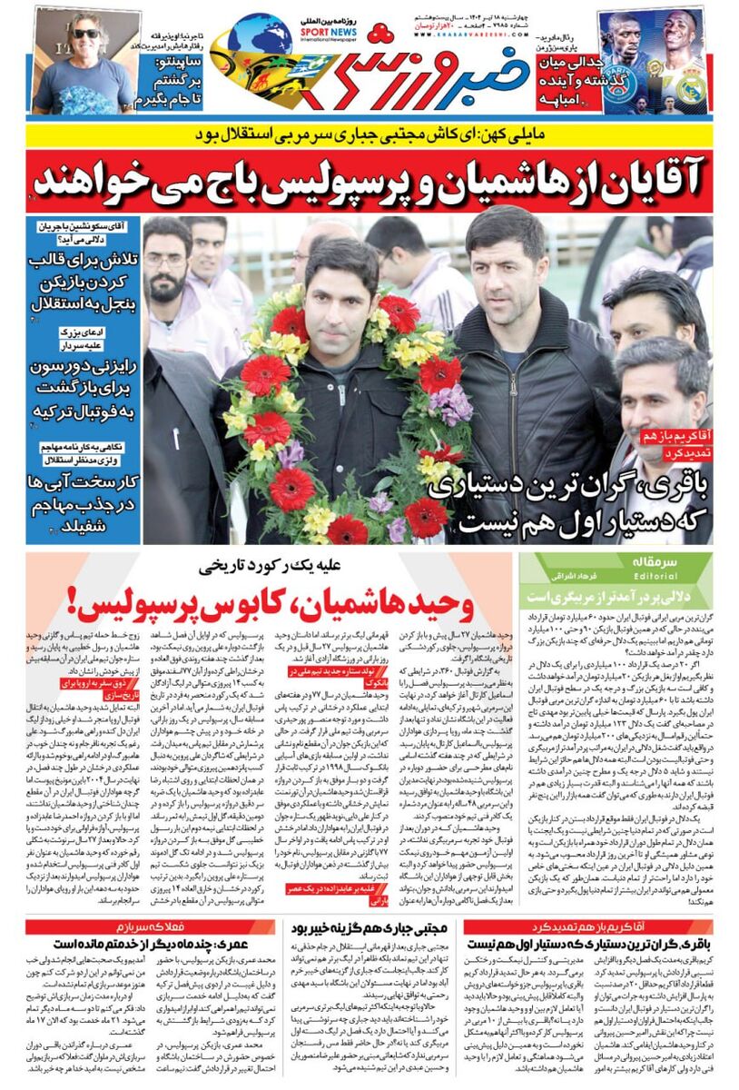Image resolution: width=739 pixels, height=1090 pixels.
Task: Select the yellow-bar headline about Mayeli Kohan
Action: click(369, 135)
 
